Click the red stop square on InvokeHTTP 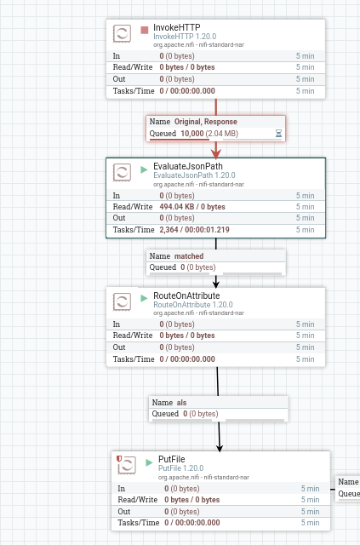tap(144, 31)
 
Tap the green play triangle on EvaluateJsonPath tap(144, 169)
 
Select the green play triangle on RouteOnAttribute tap(144, 298)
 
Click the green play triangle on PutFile tap(149, 462)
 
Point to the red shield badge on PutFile tap(119, 458)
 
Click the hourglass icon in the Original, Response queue tap(278, 133)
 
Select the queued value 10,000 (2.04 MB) tap(209, 134)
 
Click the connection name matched tap(189, 256)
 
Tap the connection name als tap(182, 403)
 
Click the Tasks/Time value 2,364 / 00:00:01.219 tap(194, 230)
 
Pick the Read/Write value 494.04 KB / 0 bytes tap(192, 207)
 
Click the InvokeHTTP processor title tap(177, 27)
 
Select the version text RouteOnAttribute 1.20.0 tap(193, 305)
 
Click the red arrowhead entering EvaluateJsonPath tap(216, 154)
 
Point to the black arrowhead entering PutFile tap(220, 448)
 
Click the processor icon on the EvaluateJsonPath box tap(122, 172)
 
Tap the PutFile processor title tap(172, 459)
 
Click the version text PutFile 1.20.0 tap(181, 468)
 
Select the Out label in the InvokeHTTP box tap(119, 79)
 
